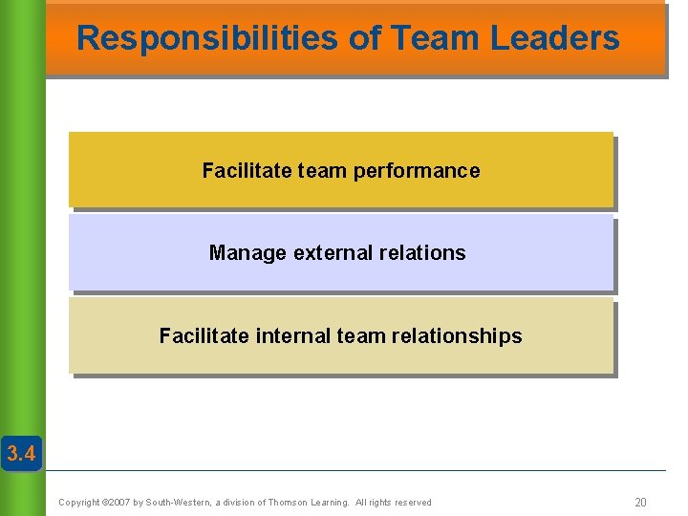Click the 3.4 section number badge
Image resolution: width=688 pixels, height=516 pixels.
pyautogui.click(x=20, y=454)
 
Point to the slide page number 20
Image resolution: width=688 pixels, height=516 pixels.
pyautogui.click(x=640, y=503)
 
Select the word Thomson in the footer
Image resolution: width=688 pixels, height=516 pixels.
pyautogui.click(x=290, y=503)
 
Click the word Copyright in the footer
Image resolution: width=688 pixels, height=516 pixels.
pyautogui.click(x=79, y=503)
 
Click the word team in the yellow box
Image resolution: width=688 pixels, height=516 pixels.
pyautogui.click(x=323, y=171)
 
